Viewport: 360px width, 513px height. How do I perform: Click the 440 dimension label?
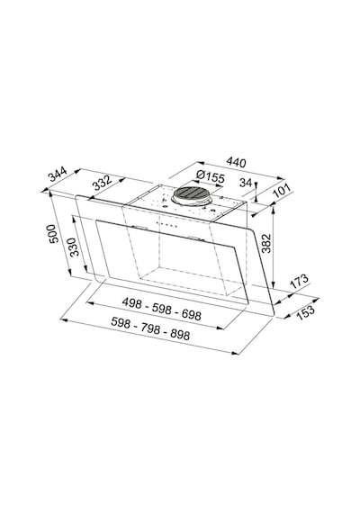[x=237, y=162]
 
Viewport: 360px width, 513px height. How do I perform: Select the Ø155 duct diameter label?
[x=211, y=177]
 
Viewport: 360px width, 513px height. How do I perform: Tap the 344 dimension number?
[x=58, y=174]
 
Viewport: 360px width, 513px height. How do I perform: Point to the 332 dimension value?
[x=103, y=184]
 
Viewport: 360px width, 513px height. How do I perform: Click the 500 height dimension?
[x=53, y=234]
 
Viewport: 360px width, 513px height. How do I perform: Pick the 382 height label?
[x=266, y=243]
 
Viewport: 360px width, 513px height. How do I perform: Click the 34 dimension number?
[x=245, y=182]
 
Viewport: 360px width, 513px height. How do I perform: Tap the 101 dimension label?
[x=282, y=191]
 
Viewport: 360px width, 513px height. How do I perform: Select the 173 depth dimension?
[x=299, y=281]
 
